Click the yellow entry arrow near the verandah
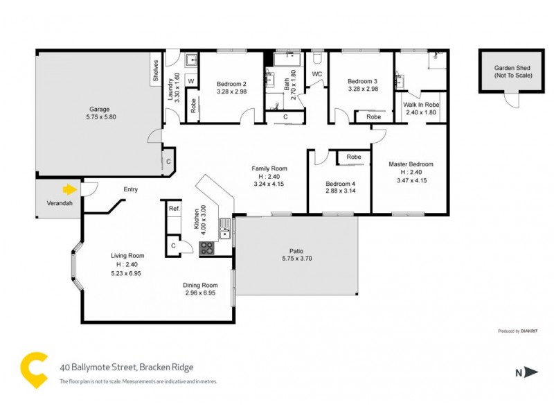pos(69,188)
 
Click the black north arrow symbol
pos(530,372)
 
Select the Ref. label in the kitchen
pos(174,208)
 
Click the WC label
pos(317,74)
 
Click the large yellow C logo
pos(35,369)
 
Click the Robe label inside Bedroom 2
pos(193,106)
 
